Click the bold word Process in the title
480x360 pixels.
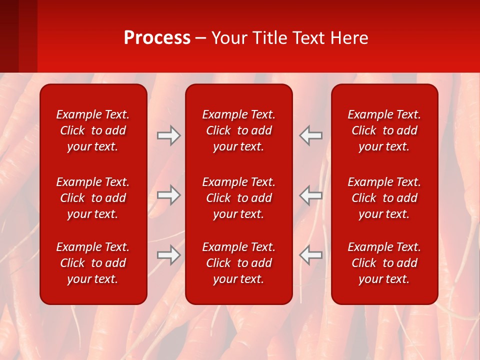157,38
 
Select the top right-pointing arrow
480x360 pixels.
169,135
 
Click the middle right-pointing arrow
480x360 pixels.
169,195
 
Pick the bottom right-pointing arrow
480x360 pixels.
169,255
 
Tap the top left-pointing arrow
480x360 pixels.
311,135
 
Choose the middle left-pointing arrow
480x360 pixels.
311,195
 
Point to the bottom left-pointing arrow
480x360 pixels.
311,255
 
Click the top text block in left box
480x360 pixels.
93,130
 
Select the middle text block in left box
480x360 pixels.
93,198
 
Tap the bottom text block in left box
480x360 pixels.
93,263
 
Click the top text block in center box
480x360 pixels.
239,130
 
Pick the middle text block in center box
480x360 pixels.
239,198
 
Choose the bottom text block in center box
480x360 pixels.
239,263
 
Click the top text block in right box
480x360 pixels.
384,130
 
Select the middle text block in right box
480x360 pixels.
384,198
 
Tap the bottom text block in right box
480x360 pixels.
384,263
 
